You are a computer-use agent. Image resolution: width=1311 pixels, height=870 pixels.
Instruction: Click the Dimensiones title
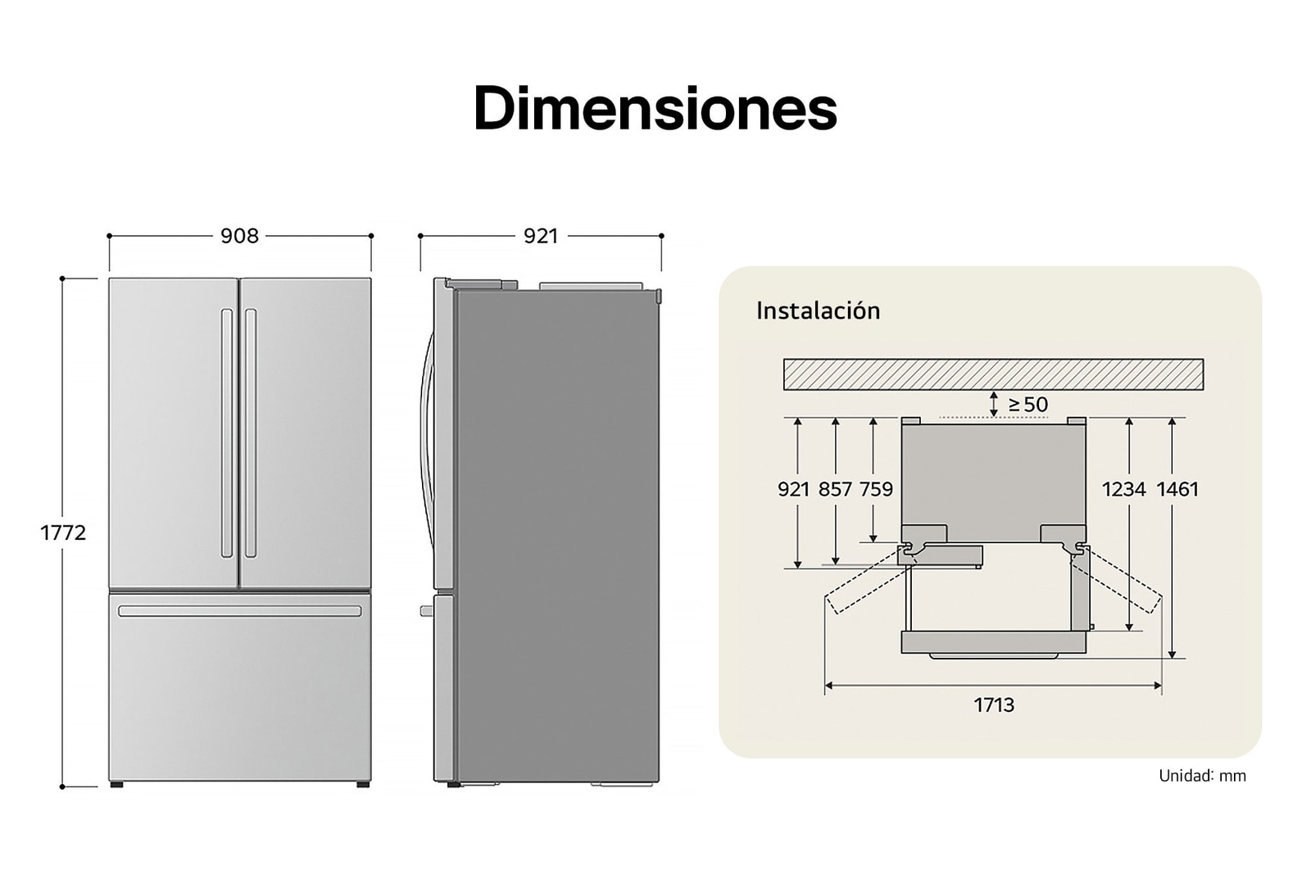655,109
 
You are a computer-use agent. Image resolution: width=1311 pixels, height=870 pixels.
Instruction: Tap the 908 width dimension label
239,236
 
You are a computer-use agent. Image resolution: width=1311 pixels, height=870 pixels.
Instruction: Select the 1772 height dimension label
63,532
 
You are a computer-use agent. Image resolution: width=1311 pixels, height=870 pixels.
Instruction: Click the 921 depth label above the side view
541,236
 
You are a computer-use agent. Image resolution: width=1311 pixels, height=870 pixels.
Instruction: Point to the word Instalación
818,311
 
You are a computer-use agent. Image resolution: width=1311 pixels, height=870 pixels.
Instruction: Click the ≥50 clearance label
1027,405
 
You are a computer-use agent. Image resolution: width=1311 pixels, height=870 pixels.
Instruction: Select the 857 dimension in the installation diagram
835,489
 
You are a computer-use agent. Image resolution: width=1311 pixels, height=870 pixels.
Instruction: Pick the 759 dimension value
876,489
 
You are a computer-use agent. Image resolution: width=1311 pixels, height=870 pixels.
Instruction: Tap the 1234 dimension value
1123,489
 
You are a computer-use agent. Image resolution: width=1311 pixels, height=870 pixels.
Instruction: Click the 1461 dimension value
1177,489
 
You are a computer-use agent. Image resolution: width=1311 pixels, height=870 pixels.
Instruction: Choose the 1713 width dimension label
994,705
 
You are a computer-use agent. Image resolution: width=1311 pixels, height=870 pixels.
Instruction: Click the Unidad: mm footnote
1202,776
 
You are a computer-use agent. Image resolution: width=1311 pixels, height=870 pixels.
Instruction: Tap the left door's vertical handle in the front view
227,433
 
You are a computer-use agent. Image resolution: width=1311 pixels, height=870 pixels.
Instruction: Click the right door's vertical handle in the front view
251,433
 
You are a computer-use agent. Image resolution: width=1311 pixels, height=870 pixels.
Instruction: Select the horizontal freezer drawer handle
239,611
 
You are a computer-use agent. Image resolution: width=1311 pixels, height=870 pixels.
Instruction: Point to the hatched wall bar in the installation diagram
993,374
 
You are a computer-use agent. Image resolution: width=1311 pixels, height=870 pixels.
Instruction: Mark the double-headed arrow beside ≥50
994,404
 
